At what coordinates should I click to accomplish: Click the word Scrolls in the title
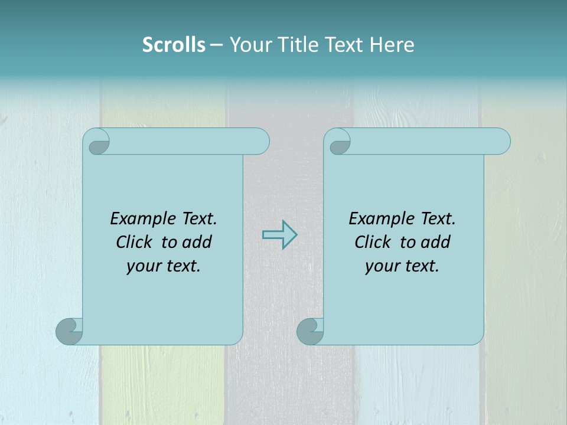tap(174, 45)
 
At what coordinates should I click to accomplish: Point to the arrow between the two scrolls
tap(279, 234)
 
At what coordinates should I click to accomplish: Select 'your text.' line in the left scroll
tap(164, 266)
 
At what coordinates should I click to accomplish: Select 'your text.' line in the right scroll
tap(402, 266)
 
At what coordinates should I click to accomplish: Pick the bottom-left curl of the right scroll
tap(310, 331)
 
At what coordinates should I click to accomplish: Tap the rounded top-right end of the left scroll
tap(260, 142)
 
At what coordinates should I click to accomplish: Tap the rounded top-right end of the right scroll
tap(501, 142)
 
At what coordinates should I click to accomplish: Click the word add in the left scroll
tap(197, 242)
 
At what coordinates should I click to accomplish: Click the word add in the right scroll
tap(435, 242)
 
